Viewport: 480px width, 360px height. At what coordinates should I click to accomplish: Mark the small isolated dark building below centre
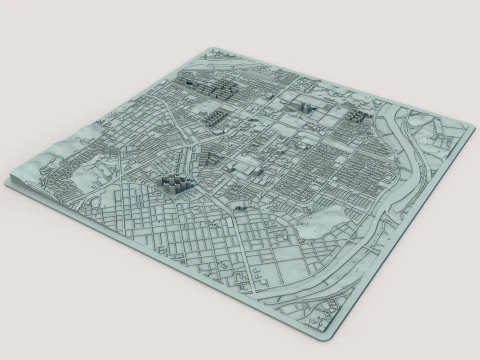240,205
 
